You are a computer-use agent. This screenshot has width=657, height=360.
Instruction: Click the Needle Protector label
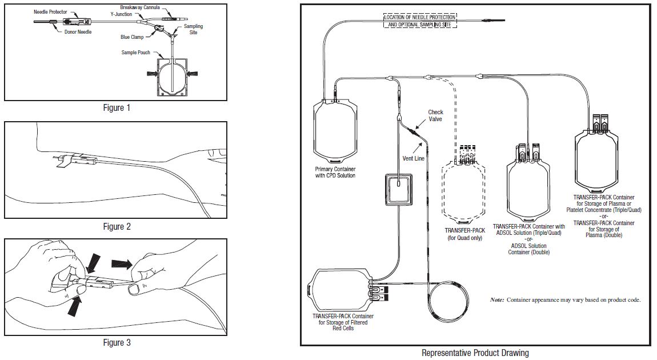click(50, 11)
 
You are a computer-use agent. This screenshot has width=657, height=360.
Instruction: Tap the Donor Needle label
click(77, 31)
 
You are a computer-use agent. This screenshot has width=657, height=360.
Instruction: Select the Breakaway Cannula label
click(140, 7)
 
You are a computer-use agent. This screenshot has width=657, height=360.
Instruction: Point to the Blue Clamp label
click(133, 37)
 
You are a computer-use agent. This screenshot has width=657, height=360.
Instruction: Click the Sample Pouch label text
click(136, 53)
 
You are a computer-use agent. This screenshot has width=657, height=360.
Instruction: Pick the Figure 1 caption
click(117, 107)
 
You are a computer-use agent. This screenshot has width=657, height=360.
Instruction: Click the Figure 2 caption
click(117, 226)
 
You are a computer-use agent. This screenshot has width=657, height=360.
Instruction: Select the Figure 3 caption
click(117, 342)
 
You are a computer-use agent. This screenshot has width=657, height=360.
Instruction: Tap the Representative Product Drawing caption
click(475, 353)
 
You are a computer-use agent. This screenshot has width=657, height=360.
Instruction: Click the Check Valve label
click(435, 115)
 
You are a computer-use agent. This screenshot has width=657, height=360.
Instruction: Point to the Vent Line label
click(412, 158)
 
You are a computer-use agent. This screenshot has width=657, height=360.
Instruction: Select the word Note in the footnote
click(496, 300)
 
